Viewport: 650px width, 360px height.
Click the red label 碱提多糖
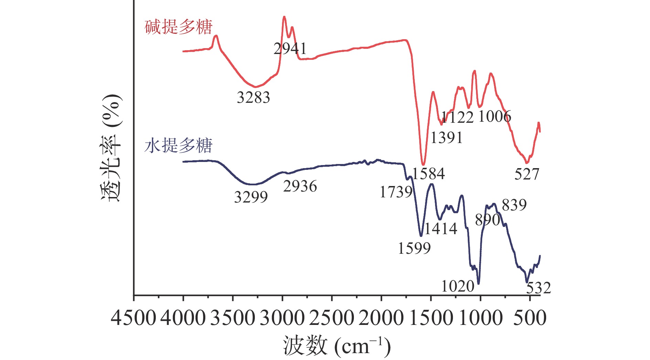178,27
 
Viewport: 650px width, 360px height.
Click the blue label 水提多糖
178,145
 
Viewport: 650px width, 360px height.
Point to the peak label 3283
253,98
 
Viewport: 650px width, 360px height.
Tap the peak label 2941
290,49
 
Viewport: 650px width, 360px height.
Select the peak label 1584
429,174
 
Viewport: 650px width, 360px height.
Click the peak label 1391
446,138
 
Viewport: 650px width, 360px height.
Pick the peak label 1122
457,118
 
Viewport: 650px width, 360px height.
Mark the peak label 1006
495,117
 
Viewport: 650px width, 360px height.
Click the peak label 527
527,174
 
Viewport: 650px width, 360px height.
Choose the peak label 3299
251,197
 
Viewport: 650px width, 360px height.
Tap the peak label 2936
300,186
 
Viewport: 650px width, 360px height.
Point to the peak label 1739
396,192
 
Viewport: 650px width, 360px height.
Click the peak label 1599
414,248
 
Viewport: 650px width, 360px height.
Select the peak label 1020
458,286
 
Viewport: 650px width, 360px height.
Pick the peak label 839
514,205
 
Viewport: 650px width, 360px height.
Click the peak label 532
539,288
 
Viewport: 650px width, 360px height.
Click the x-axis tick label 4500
133,318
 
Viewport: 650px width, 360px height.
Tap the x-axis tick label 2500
332,318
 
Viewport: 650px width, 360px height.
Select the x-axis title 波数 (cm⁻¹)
337,346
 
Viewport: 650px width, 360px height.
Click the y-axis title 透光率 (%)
111,148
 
